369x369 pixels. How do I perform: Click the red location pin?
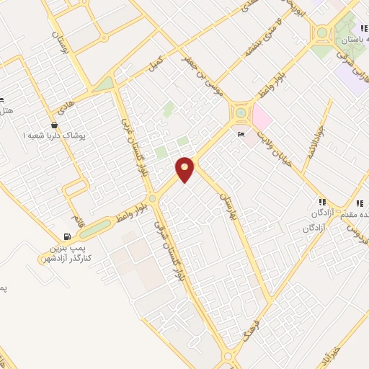pos(185,169)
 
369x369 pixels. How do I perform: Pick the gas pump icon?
pos(67,236)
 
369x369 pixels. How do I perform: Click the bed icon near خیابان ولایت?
pos(241,135)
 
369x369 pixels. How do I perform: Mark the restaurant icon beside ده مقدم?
pos(321,203)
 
